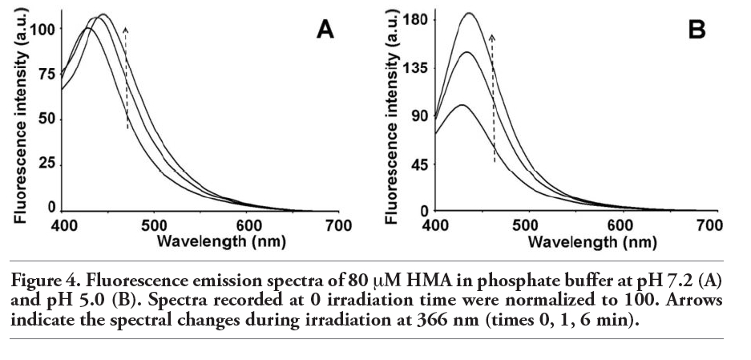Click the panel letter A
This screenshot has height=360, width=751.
(x=325, y=30)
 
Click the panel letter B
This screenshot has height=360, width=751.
(x=696, y=30)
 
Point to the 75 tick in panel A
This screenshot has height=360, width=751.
(x=47, y=75)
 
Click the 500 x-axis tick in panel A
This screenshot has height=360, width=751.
(x=153, y=226)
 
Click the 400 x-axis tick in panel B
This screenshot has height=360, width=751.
(x=435, y=226)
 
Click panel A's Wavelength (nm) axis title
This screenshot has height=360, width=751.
(x=221, y=241)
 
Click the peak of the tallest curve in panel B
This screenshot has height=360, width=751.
(x=469, y=13)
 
